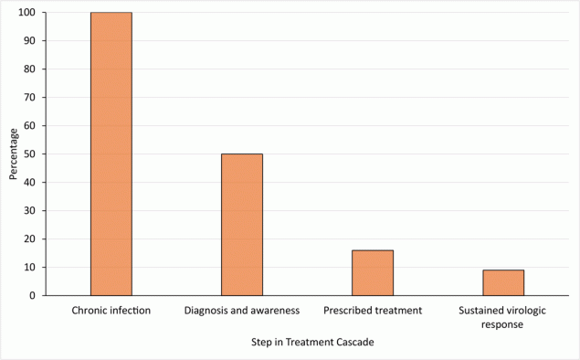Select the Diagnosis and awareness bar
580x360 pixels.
tap(242, 225)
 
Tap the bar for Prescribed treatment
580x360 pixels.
tap(373, 272)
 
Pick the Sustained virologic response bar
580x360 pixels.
tap(503, 282)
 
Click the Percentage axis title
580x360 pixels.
tap(12, 154)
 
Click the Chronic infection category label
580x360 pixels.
tap(111, 311)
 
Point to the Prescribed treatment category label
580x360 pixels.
tap(373, 311)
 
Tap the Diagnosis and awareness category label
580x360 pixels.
tap(242, 311)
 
